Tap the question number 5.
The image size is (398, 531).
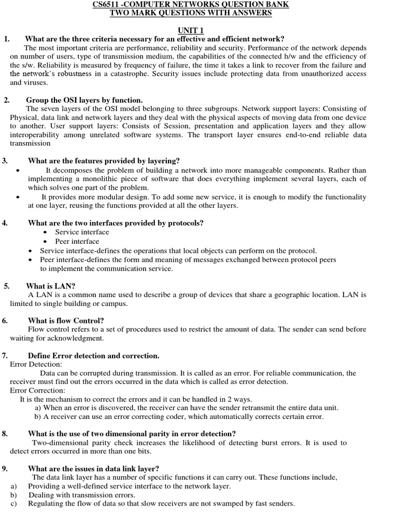[6, 286]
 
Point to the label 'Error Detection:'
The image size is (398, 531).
[35, 365]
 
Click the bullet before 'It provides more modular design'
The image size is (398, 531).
[18, 197]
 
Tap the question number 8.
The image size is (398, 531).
[5, 434]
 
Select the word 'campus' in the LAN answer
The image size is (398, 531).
[113, 303]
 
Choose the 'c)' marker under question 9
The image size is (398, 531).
[13, 504]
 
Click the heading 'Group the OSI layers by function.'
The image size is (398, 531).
[84, 100]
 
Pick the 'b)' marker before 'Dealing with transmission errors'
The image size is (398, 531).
[13, 495]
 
